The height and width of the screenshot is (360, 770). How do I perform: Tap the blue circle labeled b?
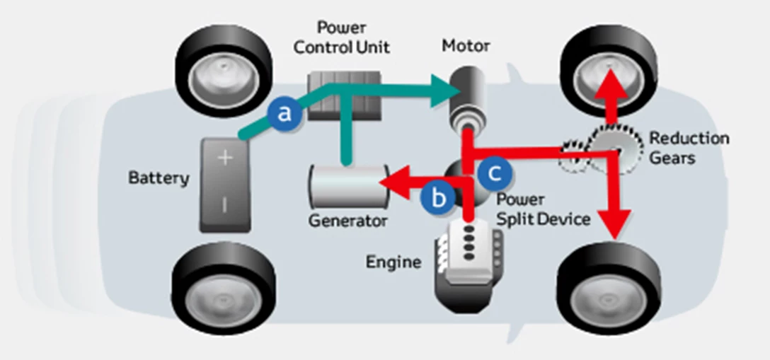pos(439,197)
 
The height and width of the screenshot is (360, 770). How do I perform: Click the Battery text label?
pos(159,178)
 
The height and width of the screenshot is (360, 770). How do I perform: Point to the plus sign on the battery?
pos(224,157)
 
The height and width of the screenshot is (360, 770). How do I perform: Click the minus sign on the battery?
pos(224,205)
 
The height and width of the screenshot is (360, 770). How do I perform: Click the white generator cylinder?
pos(346,185)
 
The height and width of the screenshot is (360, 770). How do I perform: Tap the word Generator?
pos(347,221)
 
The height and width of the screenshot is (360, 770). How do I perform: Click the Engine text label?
pos(393,262)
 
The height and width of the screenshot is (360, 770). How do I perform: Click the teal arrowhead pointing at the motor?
pos(444,90)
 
